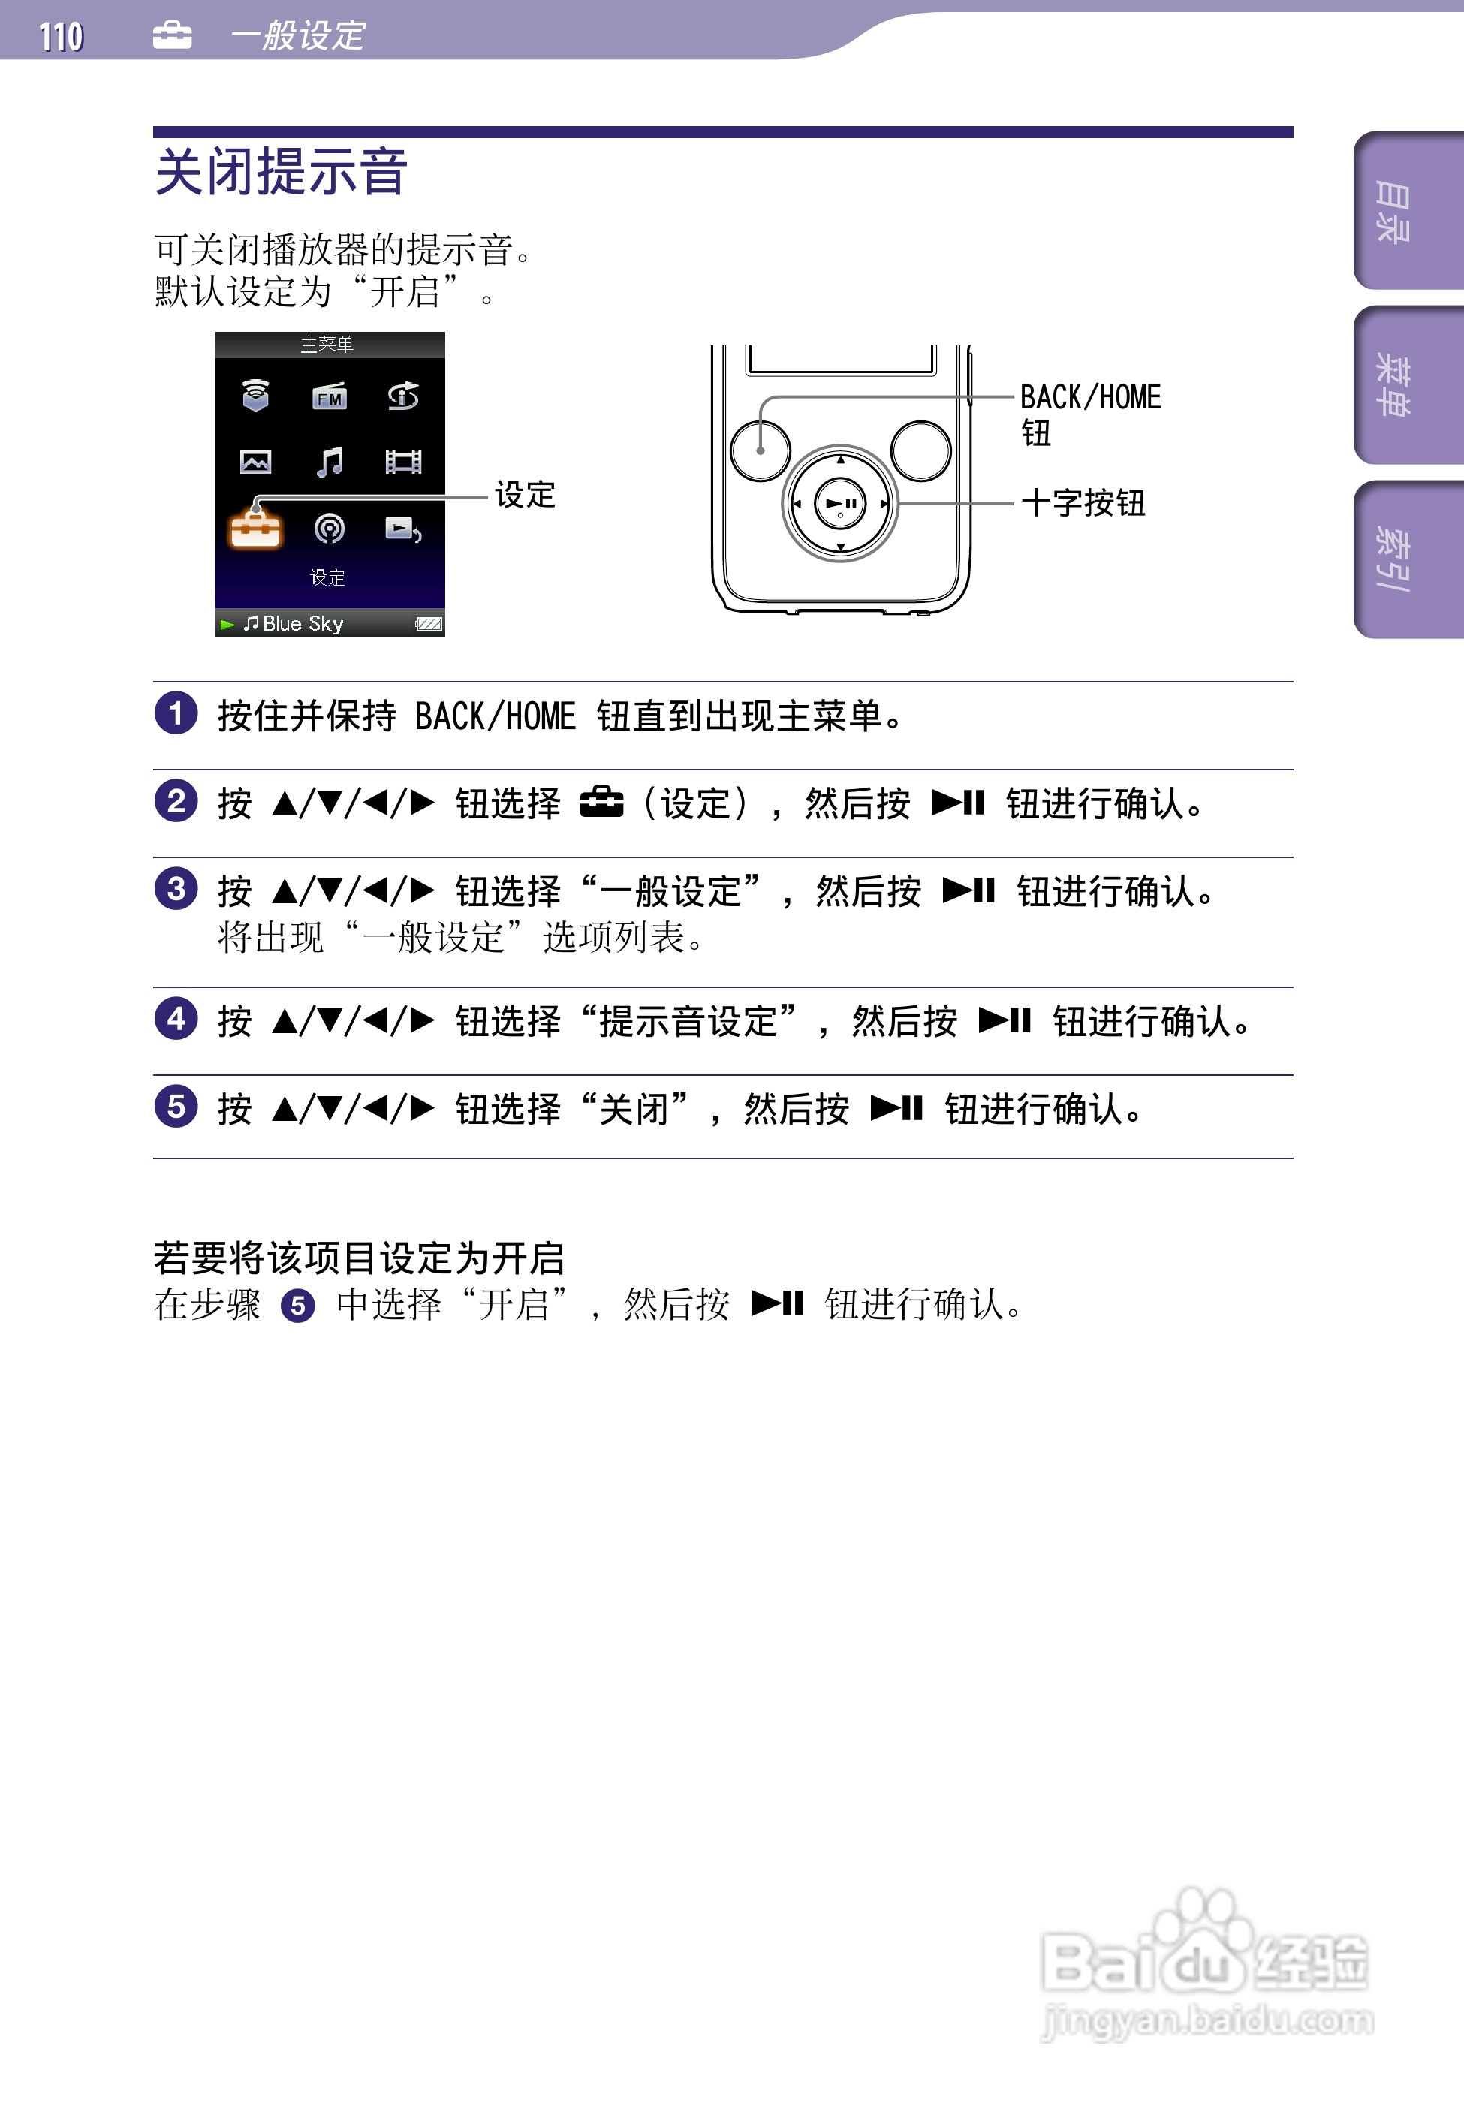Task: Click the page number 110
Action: coord(61,37)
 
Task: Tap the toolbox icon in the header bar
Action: coord(172,35)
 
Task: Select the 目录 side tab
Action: coord(1395,212)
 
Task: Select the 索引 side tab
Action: coord(1395,559)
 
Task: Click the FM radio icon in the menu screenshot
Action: coord(330,396)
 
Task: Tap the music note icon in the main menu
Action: coord(330,462)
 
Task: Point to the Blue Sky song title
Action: coord(303,624)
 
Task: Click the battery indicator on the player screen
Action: coord(429,624)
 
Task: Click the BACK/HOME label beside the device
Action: coord(1090,397)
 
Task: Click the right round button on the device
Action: coord(920,450)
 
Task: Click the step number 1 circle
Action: coord(176,713)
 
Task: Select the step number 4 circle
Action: coord(176,1019)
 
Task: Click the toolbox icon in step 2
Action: coord(602,803)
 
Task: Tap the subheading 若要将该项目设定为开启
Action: coord(359,1258)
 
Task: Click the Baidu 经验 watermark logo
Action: coord(1206,1963)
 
